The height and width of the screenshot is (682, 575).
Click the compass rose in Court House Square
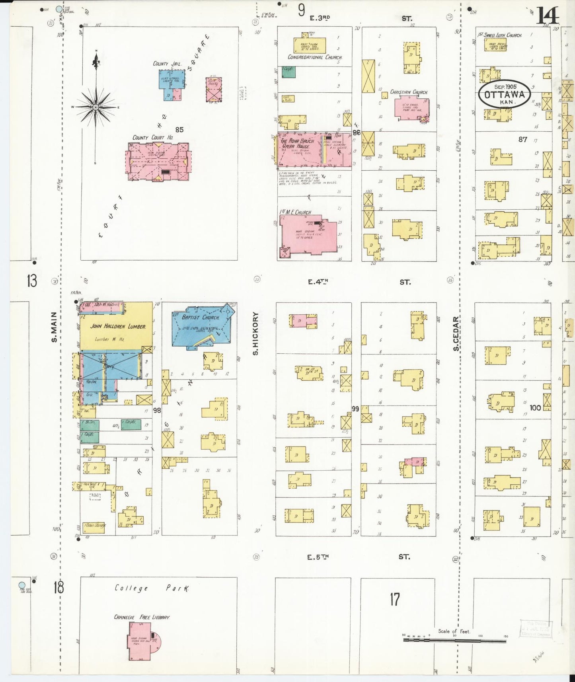(96, 107)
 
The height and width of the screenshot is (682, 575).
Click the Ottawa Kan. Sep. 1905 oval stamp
(505, 94)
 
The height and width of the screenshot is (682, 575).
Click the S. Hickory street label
(255, 333)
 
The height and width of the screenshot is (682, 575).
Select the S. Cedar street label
(456, 333)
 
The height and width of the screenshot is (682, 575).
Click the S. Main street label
(55, 327)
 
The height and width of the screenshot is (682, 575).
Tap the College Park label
(152, 588)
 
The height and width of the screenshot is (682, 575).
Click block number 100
(535, 407)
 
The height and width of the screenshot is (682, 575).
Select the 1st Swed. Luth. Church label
(500, 35)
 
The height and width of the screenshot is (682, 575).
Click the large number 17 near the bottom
(394, 599)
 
